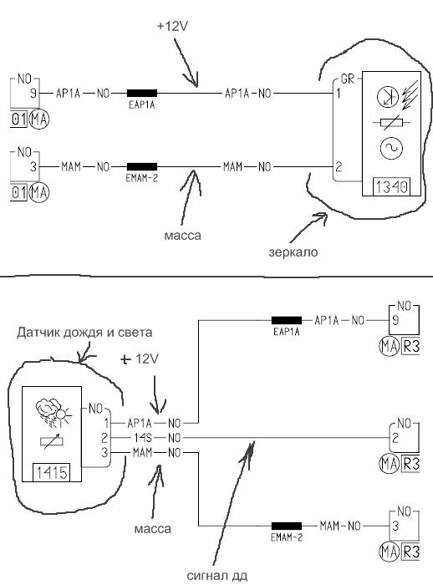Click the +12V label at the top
(x=172, y=26)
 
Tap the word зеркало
(x=293, y=252)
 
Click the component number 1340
(x=391, y=186)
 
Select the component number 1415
(x=52, y=473)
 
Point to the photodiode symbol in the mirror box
(x=388, y=97)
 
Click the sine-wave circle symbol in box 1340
(x=391, y=148)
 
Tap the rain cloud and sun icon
(x=53, y=412)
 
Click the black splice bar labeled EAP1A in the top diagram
(x=142, y=93)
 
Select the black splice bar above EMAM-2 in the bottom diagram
(x=287, y=526)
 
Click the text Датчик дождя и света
(x=84, y=332)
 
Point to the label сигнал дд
(x=216, y=576)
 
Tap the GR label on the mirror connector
(x=348, y=79)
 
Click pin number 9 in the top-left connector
(x=33, y=93)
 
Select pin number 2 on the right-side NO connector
(x=395, y=438)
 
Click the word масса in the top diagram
(x=182, y=236)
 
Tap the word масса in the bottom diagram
(x=153, y=529)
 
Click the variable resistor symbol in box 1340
(x=391, y=122)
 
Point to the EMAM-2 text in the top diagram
(x=142, y=178)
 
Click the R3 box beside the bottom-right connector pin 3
(x=410, y=552)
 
